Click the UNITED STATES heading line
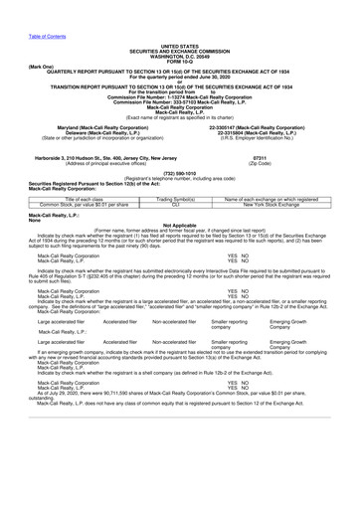(179, 46)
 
